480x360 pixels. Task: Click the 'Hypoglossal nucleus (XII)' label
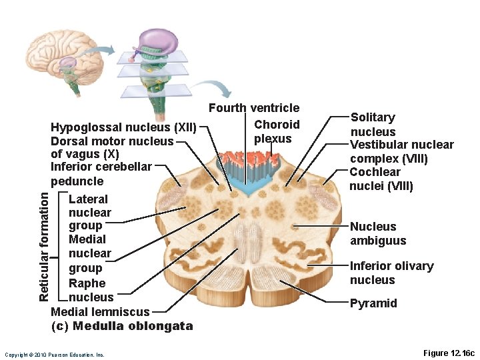pos(123,127)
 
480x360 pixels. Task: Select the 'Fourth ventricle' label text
pos(254,108)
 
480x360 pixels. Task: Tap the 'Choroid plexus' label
pos(276,131)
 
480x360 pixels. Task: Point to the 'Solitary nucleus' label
pos(373,125)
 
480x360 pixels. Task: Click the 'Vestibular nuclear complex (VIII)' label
pos(401,151)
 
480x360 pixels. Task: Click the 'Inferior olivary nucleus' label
pos(391,273)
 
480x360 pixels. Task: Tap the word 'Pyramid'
pos(373,303)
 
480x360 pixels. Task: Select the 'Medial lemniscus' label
pos(100,311)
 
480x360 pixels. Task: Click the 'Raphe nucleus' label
pos(91,290)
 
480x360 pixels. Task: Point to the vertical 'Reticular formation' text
pos(44,245)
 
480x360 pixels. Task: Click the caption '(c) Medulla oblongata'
pos(122,326)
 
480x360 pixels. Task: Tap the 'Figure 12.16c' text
pos(449,353)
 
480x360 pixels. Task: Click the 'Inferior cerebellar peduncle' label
pos(101,173)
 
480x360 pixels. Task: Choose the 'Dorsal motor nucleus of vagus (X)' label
pos(111,147)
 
